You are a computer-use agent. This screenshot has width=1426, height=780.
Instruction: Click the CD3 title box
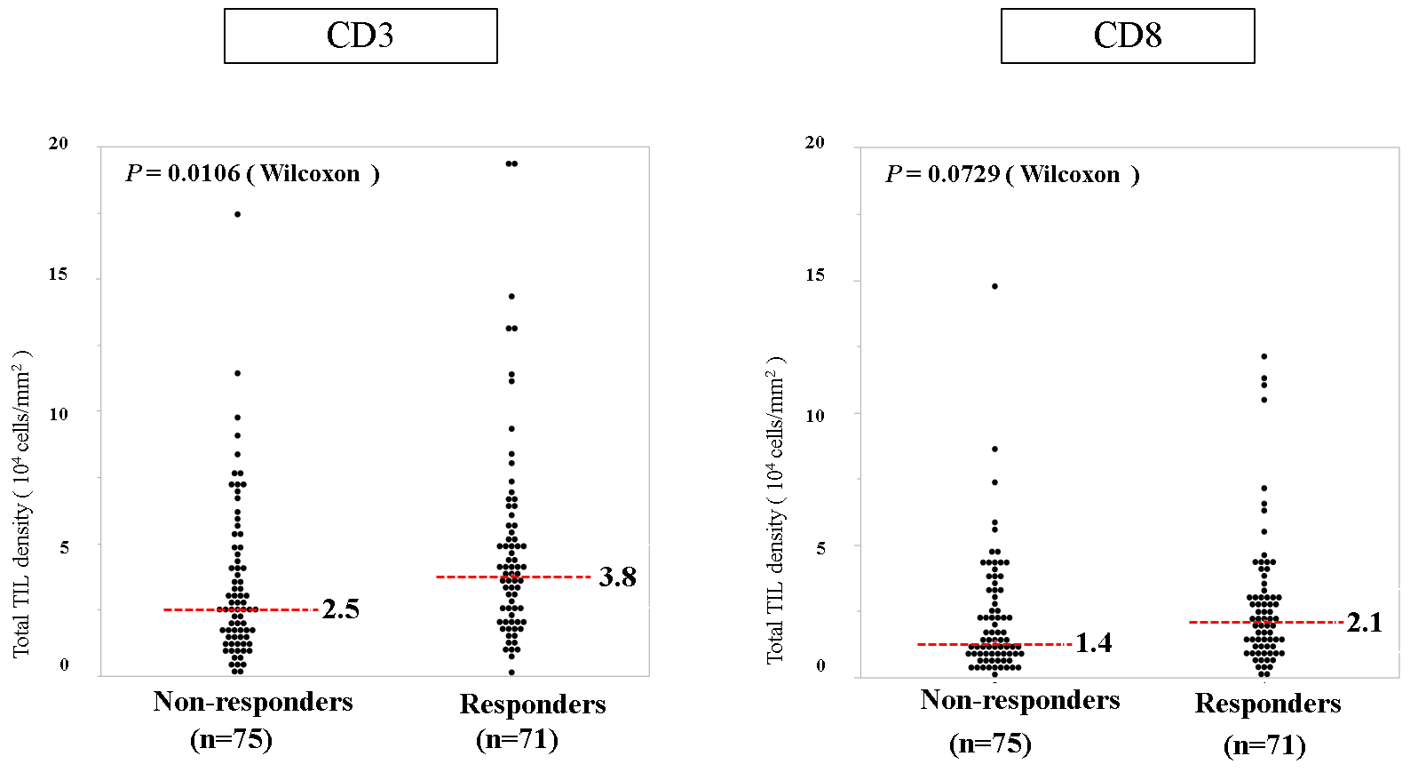click(x=360, y=36)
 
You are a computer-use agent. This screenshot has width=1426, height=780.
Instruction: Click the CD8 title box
click(x=1127, y=36)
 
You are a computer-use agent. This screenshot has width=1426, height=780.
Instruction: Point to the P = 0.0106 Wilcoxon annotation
click(x=253, y=173)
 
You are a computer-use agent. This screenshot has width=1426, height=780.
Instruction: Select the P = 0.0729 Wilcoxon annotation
click(x=1012, y=174)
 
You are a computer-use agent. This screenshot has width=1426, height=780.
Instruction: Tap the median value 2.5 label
click(x=341, y=609)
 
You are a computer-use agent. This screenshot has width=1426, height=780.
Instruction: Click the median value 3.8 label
click(x=617, y=577)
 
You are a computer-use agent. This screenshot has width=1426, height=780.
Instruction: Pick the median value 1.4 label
click(x=1093, y=643)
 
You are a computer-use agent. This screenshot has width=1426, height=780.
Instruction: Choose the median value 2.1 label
click(x=1364, y=623)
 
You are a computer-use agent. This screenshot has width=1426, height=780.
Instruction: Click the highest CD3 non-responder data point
click(x=237, y=214)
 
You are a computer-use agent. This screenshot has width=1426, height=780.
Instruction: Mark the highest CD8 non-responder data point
click(x=994, y=286)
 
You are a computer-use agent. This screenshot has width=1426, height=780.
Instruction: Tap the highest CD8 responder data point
click(x=1264, y=356)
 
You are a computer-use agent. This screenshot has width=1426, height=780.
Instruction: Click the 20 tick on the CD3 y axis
click(x=59, y=143)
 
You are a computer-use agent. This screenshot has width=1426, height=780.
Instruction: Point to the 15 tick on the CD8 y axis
click(x=815, y=275)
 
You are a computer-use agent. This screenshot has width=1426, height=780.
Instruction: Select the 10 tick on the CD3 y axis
click(x=59, y=413)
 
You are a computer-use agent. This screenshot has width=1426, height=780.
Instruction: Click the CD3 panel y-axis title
click(x=21, y=503)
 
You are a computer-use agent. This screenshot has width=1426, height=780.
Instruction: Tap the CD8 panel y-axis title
click(x=775, y=509)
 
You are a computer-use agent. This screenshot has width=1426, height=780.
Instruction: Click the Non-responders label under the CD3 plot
click(x=253, y=702)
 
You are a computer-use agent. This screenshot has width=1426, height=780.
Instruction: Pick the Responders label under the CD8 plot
click(x=1268, y=704)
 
